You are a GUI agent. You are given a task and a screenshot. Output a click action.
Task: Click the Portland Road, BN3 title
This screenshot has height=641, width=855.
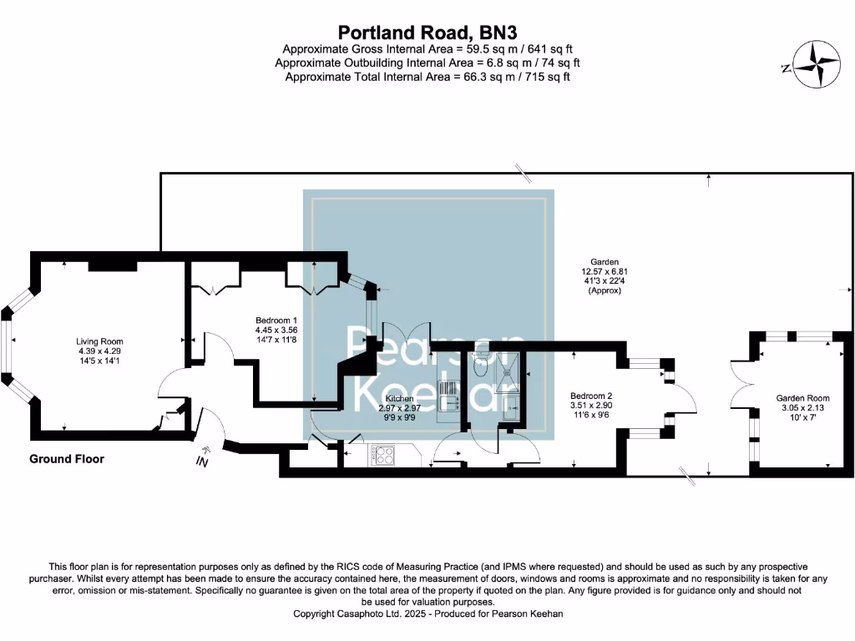click(x=427, y=33)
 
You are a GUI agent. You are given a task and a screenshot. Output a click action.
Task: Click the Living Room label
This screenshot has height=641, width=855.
click(x=99, y=341)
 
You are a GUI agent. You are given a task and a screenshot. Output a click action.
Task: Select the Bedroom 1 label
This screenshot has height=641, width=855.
click(x=276, y=320)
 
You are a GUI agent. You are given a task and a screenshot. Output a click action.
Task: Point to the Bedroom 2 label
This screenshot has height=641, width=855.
click(x=591, y=396)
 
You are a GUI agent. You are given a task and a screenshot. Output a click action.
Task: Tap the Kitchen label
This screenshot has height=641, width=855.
click(x=399, y=399)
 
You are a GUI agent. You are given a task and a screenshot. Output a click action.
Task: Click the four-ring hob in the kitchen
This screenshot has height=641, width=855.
click(x=384, y=456)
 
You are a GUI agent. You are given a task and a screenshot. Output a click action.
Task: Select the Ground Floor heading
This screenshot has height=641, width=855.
click(x=67, y=459)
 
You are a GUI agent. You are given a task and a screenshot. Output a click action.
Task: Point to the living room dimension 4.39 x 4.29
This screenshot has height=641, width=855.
click(x=99, y=351)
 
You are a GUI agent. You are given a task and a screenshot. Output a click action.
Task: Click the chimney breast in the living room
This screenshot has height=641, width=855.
click(x=112, y=264)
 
